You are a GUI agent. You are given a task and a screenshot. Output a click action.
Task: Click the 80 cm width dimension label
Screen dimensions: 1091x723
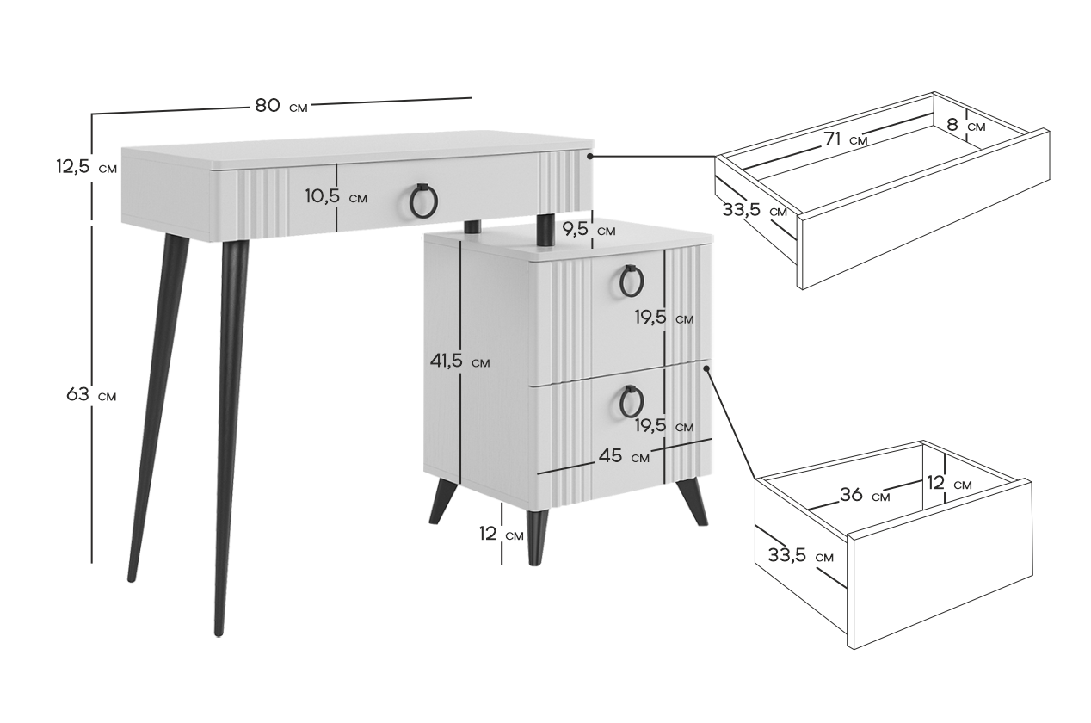(281, 105)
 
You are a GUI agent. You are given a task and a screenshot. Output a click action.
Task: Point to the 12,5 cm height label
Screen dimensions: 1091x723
(87, 167)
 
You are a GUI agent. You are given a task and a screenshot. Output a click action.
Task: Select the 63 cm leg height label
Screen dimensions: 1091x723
(91, 394)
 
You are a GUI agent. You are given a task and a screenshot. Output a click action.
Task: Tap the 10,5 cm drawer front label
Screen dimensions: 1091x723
(336, 196)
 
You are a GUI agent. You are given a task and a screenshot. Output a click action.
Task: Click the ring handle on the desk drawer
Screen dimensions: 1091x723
(423, 201)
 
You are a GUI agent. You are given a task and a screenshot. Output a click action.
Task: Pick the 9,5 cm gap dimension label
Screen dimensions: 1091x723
(589, 229)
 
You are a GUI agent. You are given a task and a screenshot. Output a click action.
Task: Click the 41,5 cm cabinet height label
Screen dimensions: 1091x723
(459, 361)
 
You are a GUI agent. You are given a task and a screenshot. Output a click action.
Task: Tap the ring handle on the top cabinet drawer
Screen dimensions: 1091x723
(632, 281)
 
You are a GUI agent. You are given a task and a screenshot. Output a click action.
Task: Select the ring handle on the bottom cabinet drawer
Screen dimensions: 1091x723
(632, 402)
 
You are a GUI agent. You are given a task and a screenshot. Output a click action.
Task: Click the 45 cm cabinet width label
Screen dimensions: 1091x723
(624, 456)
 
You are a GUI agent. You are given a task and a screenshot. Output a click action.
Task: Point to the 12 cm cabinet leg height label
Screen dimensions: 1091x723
(501, 534)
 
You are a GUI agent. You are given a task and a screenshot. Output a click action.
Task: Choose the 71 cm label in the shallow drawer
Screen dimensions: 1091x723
(846, 139)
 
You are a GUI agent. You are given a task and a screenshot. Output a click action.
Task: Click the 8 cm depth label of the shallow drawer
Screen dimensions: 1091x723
(966, 125)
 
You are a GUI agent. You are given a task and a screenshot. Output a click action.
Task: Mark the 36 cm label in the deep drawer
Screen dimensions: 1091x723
(865, 495)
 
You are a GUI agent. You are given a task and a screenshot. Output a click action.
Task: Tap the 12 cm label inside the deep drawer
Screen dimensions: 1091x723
(949, 483)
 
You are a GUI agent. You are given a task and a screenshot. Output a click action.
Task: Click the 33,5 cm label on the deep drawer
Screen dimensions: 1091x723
(801, 555)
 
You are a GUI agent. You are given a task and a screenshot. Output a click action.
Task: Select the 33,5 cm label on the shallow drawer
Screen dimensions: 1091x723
(755, 210)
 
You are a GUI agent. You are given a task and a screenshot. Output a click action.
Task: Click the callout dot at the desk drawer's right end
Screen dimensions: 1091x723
(590, 157)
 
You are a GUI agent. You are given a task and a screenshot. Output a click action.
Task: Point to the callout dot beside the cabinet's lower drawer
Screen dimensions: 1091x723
(706, 368)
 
